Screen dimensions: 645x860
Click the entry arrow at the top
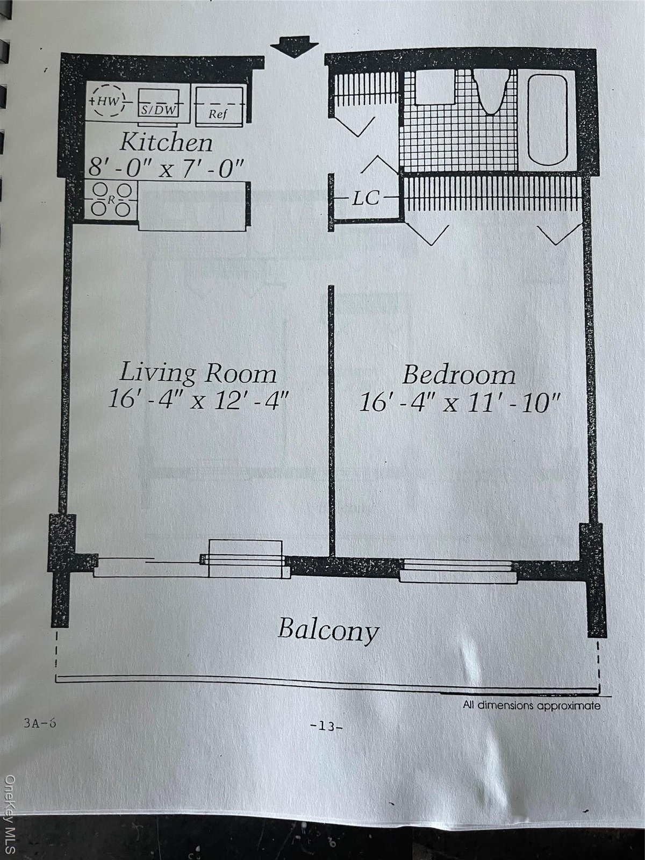tap(295, 46)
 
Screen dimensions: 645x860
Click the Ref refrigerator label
tap(218, 114)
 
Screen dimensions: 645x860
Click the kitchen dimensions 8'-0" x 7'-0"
tap(166, 168)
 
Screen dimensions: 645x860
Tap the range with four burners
tap(111, 199)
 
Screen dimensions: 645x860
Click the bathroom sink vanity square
tap(434, 87)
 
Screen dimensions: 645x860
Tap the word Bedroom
tap(459, 375)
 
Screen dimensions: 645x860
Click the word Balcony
tap(328, 630)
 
